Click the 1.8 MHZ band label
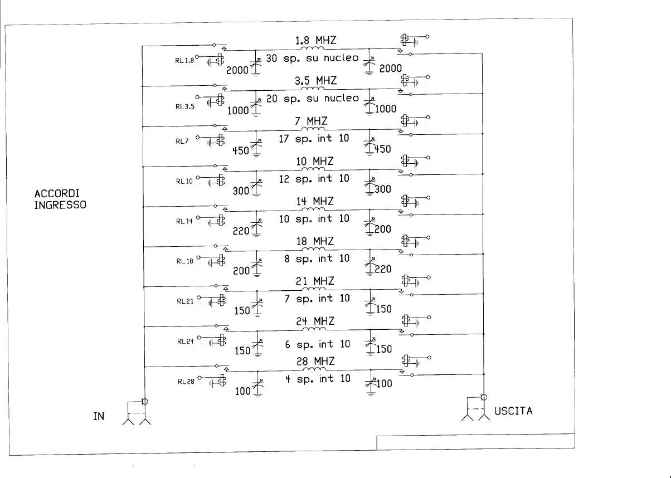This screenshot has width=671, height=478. pos(316,40)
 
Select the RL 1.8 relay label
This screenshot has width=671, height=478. pos(184,61)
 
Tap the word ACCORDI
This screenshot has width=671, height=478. pos(57,193)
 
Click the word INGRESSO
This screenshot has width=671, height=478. pos(60,205)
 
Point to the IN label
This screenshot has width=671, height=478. pos(99,416)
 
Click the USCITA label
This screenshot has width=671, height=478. pos(513,411)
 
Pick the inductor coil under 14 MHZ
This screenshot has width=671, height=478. pos(313,209)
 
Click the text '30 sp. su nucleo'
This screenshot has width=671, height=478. pos(312,58)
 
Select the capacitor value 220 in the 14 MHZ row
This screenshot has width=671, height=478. pos(241,231)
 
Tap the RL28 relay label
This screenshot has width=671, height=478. pos(186,381)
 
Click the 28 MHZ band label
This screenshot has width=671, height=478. pos(315,361)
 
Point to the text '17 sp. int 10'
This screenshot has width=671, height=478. pos(314,138)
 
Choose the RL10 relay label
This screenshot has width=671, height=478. pos(184,181)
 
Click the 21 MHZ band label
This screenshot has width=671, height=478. pos(315,281)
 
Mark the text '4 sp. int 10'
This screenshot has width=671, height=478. pos(318,379)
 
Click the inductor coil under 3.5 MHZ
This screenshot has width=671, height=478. pos(313,89)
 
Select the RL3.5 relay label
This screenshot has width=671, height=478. pos(185,106)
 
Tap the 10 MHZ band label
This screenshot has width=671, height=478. pos(314,162)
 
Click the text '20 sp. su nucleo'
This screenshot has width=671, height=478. pos(313,98)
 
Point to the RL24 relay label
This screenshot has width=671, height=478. pos(186,341)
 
